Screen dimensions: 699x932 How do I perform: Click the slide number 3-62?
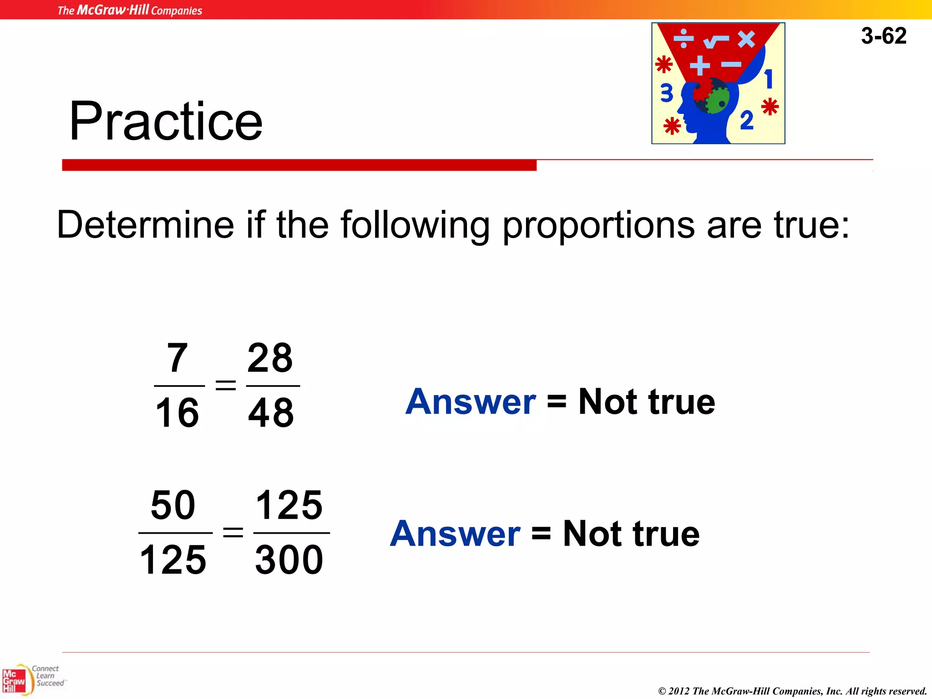[883, 36]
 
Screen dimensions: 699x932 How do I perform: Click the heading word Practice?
[166, 121]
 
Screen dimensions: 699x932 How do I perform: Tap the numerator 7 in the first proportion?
[177, 358]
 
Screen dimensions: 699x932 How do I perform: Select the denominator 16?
[177, 413]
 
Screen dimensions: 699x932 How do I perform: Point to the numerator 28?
[270, 358]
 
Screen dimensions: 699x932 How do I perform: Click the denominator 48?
[271, 413]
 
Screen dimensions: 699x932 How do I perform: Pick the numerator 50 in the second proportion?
[173, 505]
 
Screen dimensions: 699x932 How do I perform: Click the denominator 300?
[289, 560]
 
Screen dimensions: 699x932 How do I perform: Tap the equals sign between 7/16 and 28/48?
[226, 385]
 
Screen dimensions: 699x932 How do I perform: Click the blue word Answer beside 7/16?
[471, 402]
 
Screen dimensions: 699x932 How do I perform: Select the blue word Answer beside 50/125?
[455, 534]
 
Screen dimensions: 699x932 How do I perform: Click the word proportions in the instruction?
[598, 225]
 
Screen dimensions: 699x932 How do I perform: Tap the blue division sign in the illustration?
[684, 39]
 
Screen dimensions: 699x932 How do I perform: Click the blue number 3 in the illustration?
[667, 93]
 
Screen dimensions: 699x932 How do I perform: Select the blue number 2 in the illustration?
[747, 121]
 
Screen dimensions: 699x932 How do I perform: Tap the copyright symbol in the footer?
[662, 691]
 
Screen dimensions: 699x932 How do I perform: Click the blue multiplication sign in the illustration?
[746, 39]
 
